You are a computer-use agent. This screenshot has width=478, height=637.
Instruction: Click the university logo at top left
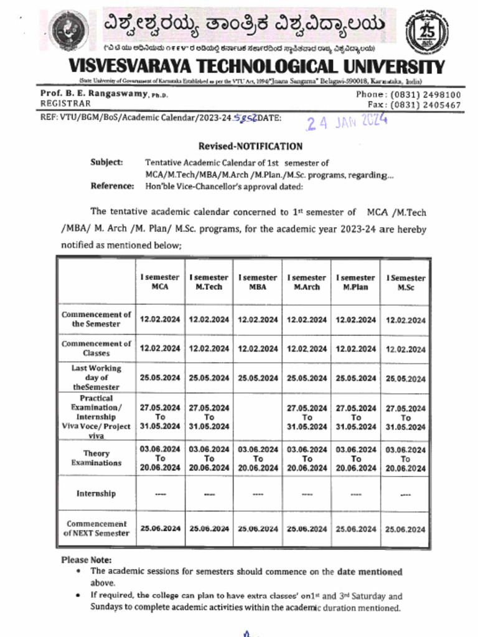(70, 30)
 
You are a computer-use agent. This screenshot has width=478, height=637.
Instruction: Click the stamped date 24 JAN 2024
(347, 122)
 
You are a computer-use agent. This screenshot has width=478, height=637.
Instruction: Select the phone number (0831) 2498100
(426, 95)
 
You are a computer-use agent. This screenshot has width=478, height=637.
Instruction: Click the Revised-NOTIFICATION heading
(250, 146)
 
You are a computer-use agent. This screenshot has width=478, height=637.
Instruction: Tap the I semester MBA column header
(258, 282)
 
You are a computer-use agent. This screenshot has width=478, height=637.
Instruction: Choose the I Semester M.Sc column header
(406, 283)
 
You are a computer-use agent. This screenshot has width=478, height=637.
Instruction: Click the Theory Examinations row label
(96, 458)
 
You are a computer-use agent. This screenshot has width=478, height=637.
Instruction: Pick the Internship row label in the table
(96, 493)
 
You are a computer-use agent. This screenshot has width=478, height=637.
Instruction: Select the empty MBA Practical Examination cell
(258, 417)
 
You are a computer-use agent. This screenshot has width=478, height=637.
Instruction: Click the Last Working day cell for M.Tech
(209, 378)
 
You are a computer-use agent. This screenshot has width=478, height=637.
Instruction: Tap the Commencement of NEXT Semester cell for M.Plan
(356, 529)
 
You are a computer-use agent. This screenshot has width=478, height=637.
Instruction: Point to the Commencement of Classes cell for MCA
(160, 349)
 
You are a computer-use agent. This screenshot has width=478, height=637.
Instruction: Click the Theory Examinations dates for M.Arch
(307, 458)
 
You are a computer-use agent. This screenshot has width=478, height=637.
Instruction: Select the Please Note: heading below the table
(87, 560)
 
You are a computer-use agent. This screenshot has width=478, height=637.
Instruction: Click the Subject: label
(107, 162)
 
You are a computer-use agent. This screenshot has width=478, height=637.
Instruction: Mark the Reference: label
(112, 185)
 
